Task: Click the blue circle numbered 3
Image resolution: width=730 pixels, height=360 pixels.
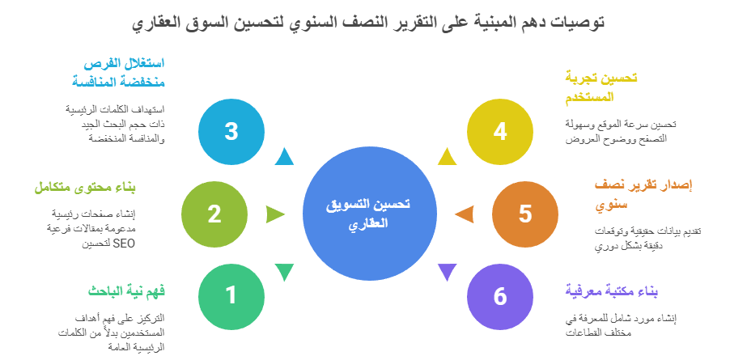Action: pyautogui.click(x=231, y=131)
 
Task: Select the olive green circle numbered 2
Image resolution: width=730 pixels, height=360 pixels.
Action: pyautogui.click(x=214, y=214)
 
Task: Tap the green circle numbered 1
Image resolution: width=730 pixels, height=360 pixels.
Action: pyautogui.click(x=231, y=295)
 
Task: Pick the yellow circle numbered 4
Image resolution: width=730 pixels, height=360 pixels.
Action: pyautogui.click(x=500, y=131)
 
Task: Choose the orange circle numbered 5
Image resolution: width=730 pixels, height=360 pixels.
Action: pyautogui.click(x=525, y=214)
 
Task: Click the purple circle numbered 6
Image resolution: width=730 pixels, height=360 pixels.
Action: pyautogui.click(x=500, y=296)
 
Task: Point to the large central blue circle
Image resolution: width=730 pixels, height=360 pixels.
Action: pyautogui.click(x=367, y=214)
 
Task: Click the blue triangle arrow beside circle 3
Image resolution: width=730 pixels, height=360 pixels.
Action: pyautogui.click(x=283, y=157)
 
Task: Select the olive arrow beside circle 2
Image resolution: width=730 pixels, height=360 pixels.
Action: pyautogui.click(x=275, y=214)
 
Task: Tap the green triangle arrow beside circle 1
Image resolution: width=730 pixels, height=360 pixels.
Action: pyautogui.click(x=283, y=272)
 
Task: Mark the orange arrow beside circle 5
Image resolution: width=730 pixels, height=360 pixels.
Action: pyautogui.click(x=464, y=214)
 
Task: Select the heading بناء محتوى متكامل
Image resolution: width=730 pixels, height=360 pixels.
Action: pyautogui.click(x=84, y=188)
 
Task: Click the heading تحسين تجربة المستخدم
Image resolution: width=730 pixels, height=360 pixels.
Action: pyautogui.click(x=601, y=87)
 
